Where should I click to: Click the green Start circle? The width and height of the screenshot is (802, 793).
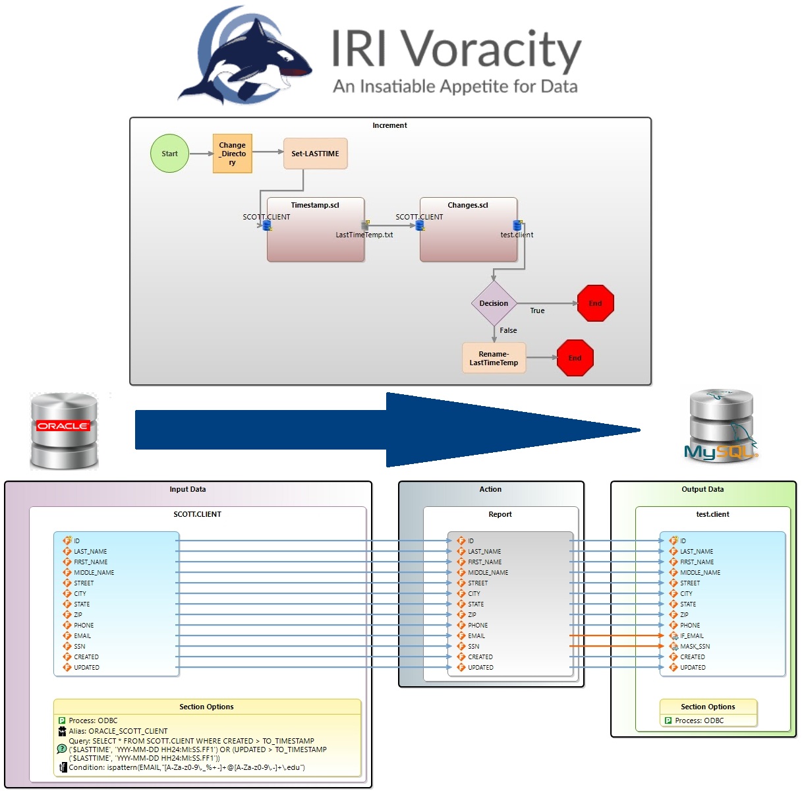click(x=169, y=154)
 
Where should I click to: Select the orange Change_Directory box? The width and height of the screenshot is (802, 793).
click(x=232, y=154)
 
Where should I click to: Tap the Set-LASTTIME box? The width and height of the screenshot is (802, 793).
click(x=315, y=154)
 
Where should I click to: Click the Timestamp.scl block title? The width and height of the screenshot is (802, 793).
click(x=315, y=205)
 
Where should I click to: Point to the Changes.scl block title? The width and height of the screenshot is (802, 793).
click(x=468, y=205)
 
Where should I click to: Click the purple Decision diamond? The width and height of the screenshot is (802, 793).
click(x=494, y=303)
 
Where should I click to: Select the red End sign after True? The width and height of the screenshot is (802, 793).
click(x=595, y=303)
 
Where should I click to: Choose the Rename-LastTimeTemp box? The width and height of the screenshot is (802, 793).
click(x=494, y=358)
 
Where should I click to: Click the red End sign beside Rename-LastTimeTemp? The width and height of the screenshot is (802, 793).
click(x=575, y=358)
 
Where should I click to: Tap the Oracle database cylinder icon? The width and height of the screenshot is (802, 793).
click(x=64, y=430)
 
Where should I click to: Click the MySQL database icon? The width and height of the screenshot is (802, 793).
click(x=720, y=426)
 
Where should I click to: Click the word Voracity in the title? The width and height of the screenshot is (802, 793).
click(x=491, y=49)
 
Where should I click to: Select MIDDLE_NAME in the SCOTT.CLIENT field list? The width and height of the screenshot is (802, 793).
click(x=94, y=573)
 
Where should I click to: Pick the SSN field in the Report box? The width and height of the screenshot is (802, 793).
click(x=474, y=647)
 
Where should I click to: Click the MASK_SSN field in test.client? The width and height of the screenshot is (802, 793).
click(x=695, y=647)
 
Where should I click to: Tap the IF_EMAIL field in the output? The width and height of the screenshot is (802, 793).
click(x=691, y=636)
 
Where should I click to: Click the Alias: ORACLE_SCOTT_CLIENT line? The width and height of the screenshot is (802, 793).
click(x=118, y=731)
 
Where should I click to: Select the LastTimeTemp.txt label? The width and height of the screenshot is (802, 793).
click(x=364, y=235)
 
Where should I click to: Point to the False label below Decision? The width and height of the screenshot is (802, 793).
click(x=508, y=330)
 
